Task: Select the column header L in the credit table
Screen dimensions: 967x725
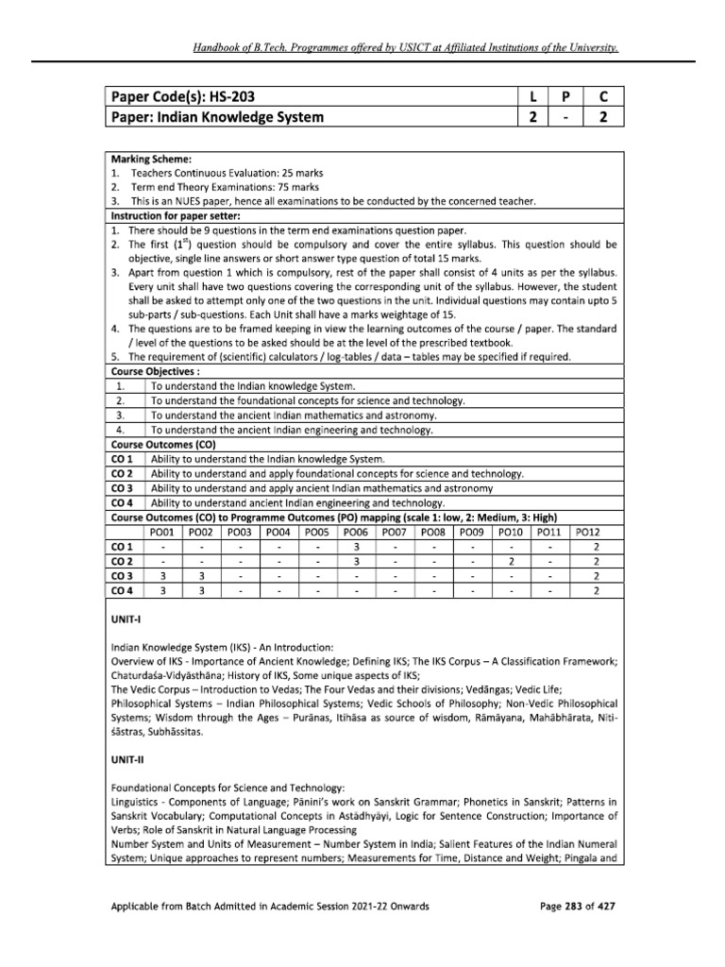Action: point(534,97)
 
